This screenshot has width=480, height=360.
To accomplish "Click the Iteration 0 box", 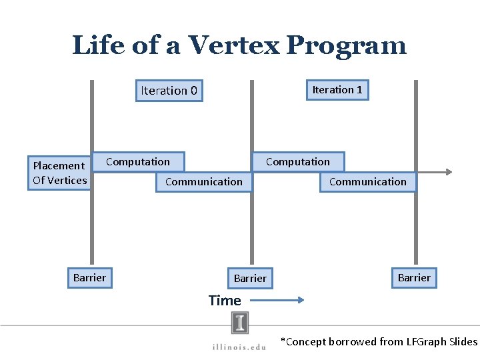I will click(x=169, y=91).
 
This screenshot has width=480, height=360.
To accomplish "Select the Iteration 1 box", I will click(x=337, y=90).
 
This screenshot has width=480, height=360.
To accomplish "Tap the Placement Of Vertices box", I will click(x=59, y=173).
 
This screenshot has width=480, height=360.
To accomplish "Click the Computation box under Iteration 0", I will click(x=138, y=161).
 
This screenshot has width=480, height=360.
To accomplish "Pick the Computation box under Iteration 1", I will click(x=297, y=161).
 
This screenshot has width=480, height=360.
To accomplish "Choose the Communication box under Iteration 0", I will click(x=204, y=181).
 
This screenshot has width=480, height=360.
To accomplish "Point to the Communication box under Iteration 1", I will click(x=367, y=181).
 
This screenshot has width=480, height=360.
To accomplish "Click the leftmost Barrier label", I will click(x=89, y=277).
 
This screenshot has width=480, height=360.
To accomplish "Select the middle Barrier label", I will click(x=250, y=278).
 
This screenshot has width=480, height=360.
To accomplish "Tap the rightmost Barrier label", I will click(x=414, y=277).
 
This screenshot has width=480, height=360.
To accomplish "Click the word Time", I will click(x=225, y=301).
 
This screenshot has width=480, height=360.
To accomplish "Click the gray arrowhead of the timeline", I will click(x=450, y=172).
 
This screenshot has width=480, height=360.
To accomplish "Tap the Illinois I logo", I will click(x=240, y=323).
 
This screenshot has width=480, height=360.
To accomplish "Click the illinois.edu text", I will click(x=239, y=346).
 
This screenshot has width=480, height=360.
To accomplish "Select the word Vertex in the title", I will click(x=233, y=45).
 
